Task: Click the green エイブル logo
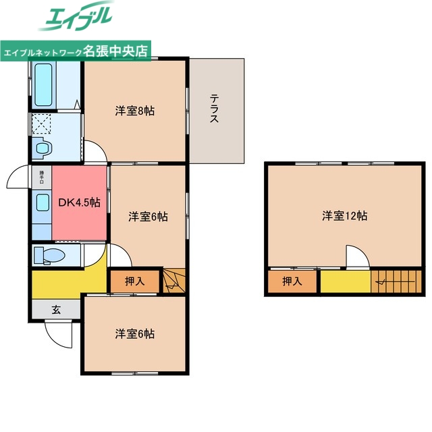78,18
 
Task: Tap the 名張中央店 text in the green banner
116,51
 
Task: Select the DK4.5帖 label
79,202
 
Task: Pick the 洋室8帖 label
134,111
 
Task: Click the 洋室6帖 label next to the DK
148,217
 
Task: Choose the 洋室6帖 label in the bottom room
134,333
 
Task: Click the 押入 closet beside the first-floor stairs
135,281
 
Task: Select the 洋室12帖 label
344,216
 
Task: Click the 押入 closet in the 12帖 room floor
292,281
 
